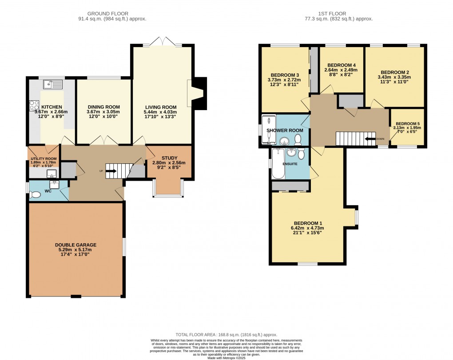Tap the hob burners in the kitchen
coord(34,106)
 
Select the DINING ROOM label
coord(103,107)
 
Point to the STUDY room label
coord(169,158)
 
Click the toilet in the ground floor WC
coord(35,194)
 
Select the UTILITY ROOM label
coord(43,158)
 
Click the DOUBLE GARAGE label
coord(75,245)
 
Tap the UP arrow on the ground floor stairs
coord(110,170)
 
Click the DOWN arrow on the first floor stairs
coord(369,138)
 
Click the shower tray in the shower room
coord(268,130)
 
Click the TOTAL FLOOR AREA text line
coord(226,335)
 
